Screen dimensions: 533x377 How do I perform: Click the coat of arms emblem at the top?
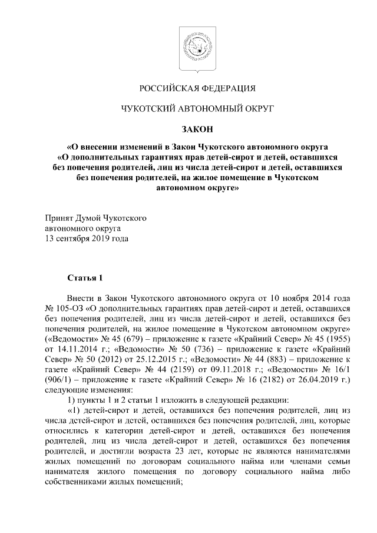click(x=188, y=47)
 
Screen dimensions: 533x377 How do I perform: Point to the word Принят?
click(x=61, y=218)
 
